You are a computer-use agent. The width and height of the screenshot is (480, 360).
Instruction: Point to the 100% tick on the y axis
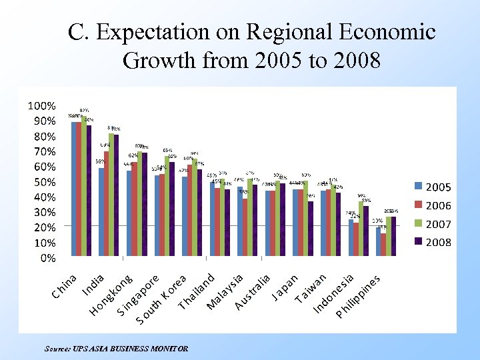pos(41,106)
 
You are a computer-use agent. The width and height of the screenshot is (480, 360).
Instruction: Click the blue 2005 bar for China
pos(75,189)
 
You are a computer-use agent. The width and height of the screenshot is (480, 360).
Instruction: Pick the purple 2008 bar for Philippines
pos(393,237)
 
